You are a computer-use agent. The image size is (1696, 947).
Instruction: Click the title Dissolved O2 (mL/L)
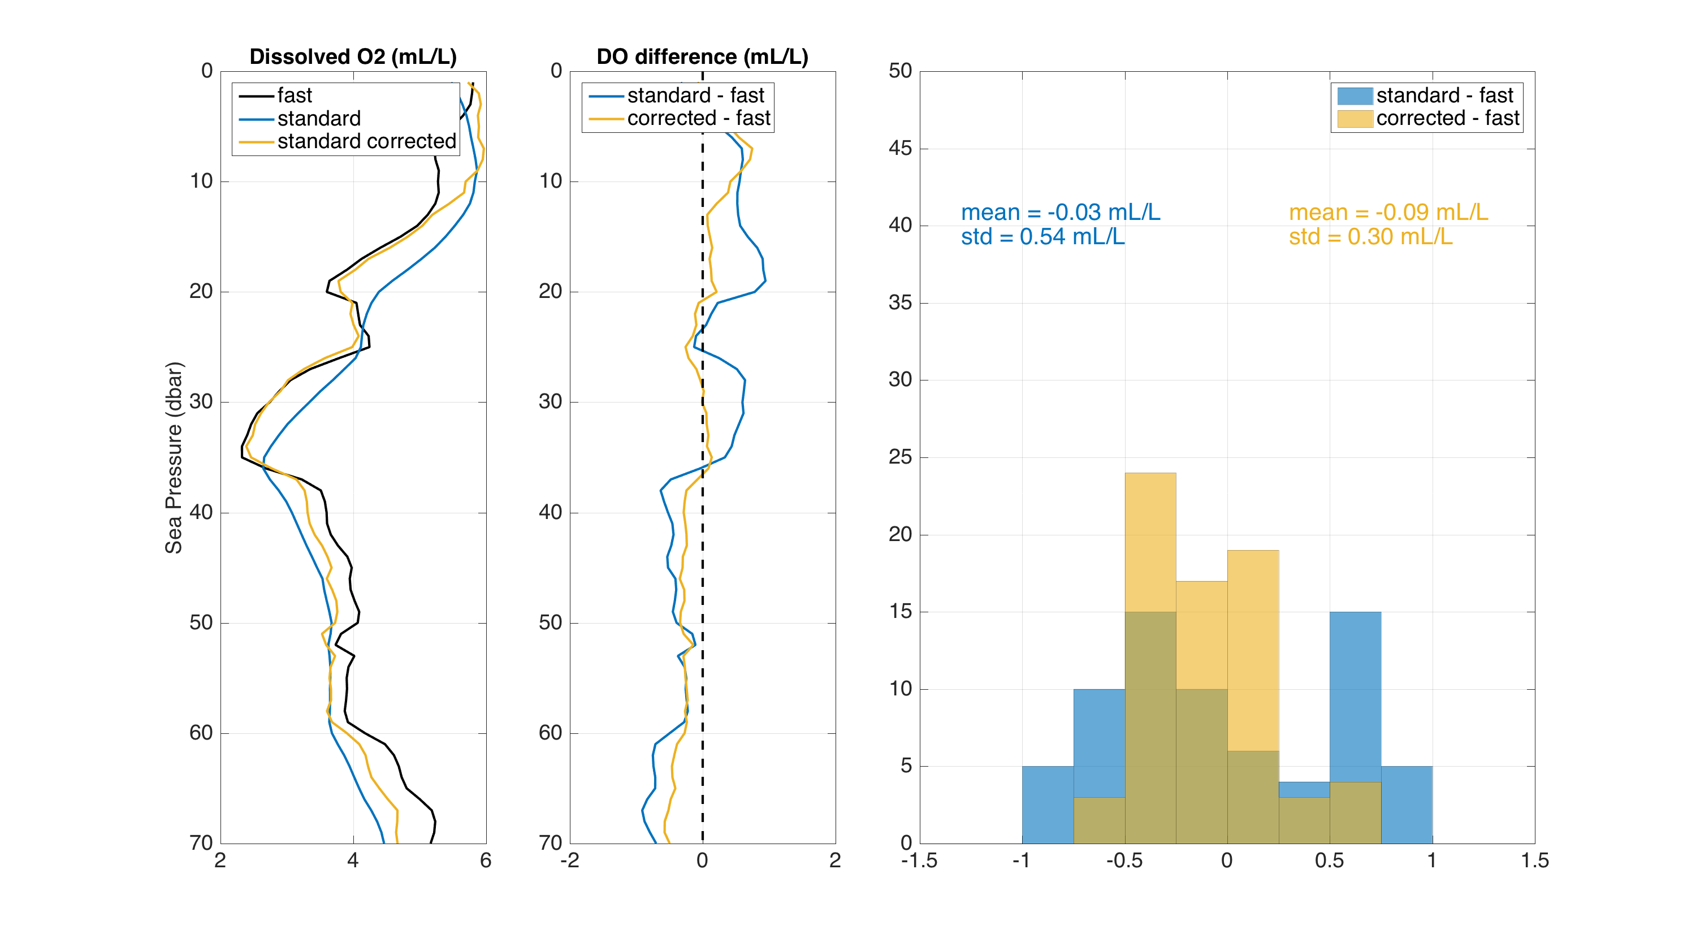[x=353, y=57]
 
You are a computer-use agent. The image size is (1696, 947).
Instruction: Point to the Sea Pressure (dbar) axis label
[x=174, y=458]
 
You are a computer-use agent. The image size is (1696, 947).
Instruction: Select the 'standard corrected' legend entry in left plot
[x=366, y=141]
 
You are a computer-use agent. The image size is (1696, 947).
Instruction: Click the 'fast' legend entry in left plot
[x=295, y=96]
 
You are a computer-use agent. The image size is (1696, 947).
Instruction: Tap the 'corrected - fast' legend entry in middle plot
[x=698, y=119]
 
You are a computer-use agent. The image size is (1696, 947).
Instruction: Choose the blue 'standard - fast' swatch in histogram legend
[x=1355, y=96]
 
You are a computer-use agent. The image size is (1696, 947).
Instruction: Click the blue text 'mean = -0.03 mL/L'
[x=1060, y=212]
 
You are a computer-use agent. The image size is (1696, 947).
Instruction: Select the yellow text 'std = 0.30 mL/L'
[x=1370, y=236]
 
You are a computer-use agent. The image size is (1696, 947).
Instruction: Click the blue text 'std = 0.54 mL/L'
[x=1042, y=236]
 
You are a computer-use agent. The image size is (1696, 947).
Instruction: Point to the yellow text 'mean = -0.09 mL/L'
[x=1388, y=212]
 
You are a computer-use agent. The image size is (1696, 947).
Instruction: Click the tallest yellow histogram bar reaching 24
[x=1150, y=540]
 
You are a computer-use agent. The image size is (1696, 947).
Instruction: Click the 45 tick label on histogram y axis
[x=900, y=148]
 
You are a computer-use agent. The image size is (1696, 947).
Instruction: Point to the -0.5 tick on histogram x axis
[x=1124, y=860]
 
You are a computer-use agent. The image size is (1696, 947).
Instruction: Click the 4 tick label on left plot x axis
[x=353, y=860]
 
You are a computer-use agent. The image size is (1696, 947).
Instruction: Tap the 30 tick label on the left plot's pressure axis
[x=201, y=402]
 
